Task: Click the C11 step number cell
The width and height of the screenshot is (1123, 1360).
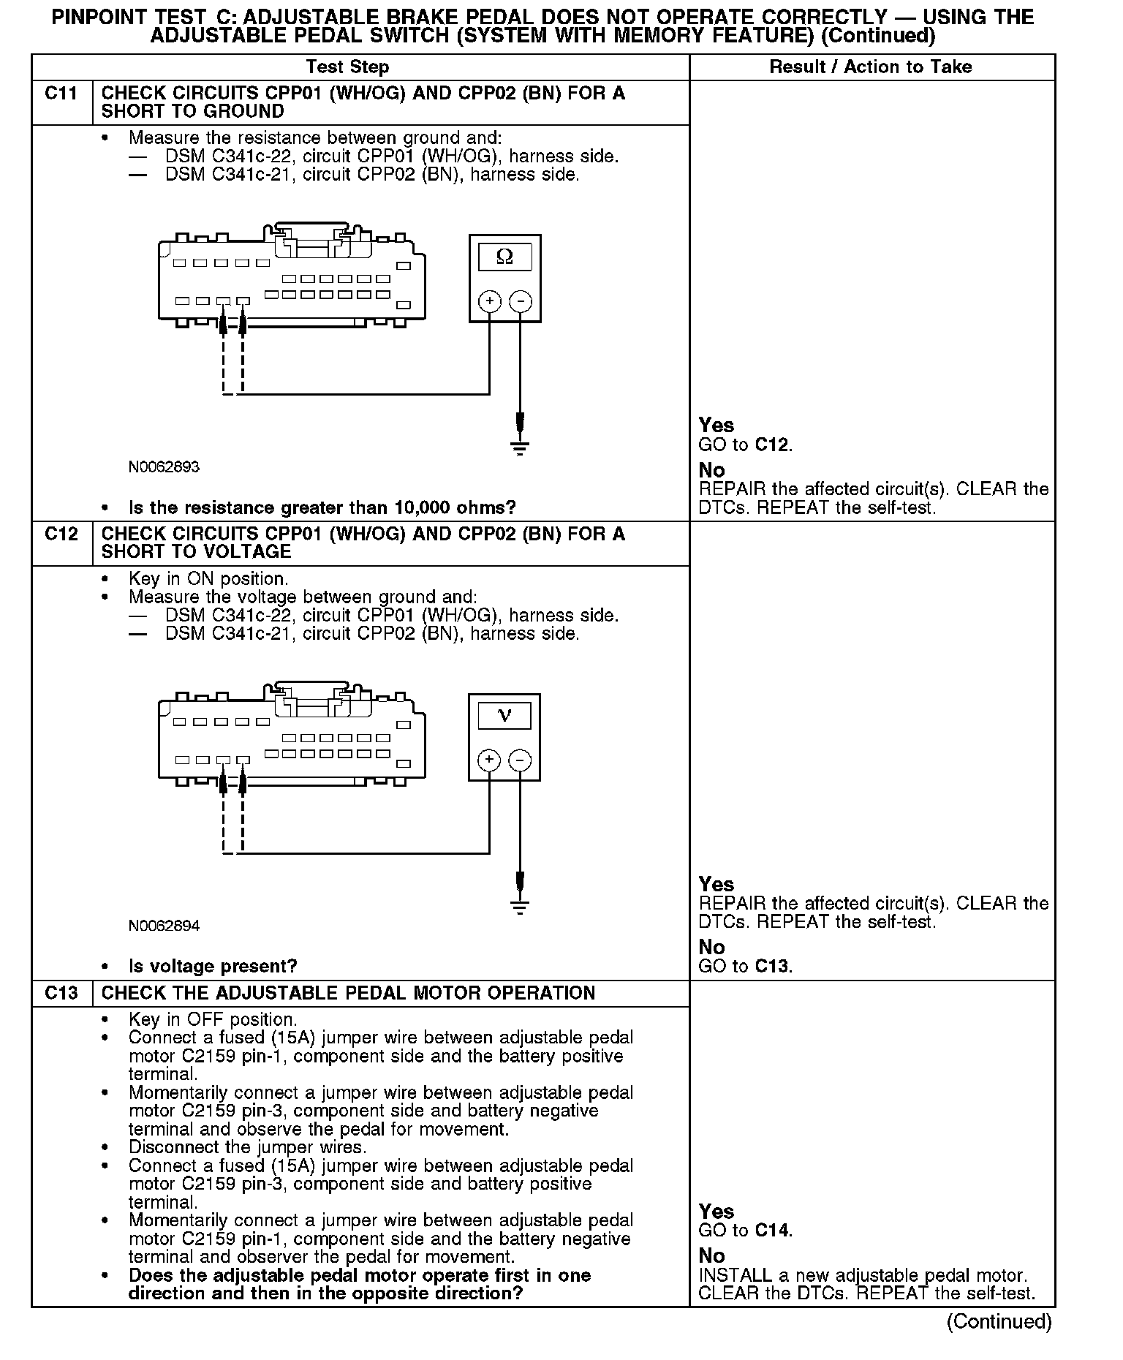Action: click(x=61, y=94)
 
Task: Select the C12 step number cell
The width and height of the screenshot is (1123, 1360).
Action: click(x=61, y=534)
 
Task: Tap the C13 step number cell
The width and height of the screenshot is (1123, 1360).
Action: click(x=61, y=993)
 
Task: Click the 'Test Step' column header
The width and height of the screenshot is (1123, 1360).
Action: click(x=347, y=67)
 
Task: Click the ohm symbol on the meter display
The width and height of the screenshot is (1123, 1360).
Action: click(x=504, y=257)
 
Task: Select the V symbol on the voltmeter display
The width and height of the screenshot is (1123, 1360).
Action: click(x=504, y=715)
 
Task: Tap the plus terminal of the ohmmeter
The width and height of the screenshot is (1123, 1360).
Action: click(x=489, y=301)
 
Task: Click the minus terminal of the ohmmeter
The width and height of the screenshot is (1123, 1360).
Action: click(x=520, y=301)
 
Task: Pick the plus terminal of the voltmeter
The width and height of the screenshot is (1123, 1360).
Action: click(x=489, y=760)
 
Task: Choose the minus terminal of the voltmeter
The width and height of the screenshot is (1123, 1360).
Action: click(x=520, y=760)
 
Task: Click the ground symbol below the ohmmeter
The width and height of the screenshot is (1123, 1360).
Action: click(x=520, y=448)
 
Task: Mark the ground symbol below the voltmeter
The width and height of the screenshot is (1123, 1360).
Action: click(x=520, y=907)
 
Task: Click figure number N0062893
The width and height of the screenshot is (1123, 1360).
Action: click(x=164, y=466)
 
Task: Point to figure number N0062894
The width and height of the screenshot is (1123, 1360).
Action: click(x=164, y=926)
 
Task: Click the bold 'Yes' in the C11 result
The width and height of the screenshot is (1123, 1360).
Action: click(x=716, y=426)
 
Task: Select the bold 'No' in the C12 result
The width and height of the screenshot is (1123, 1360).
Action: click(x=711, y=948)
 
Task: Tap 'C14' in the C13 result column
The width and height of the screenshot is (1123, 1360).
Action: click(x=772, y=1231)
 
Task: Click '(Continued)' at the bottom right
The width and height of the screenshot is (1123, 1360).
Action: click(x=999, y=1321)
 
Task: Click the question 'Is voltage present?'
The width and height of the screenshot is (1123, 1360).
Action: click(x=213, y=967)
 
